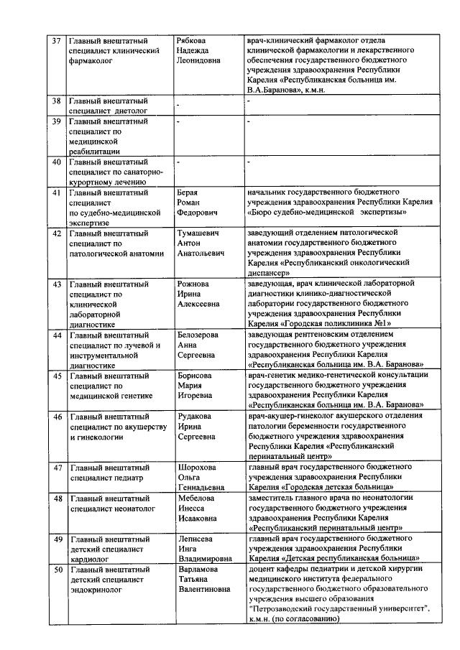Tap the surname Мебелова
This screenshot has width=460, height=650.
pos(195,497)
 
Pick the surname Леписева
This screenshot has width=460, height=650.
pos(195,537)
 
